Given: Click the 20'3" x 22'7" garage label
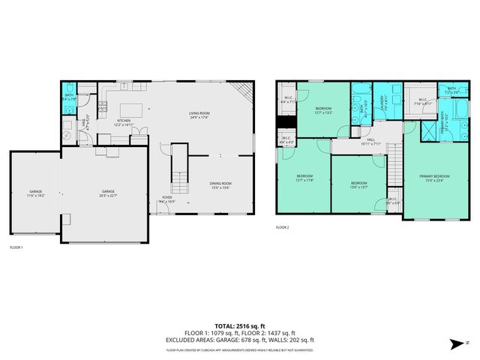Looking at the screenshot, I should click(x=109, y=193).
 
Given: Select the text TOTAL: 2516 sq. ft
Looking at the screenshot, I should click(x=240, y=326).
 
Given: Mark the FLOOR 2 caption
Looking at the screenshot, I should click(x=282, y=226).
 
